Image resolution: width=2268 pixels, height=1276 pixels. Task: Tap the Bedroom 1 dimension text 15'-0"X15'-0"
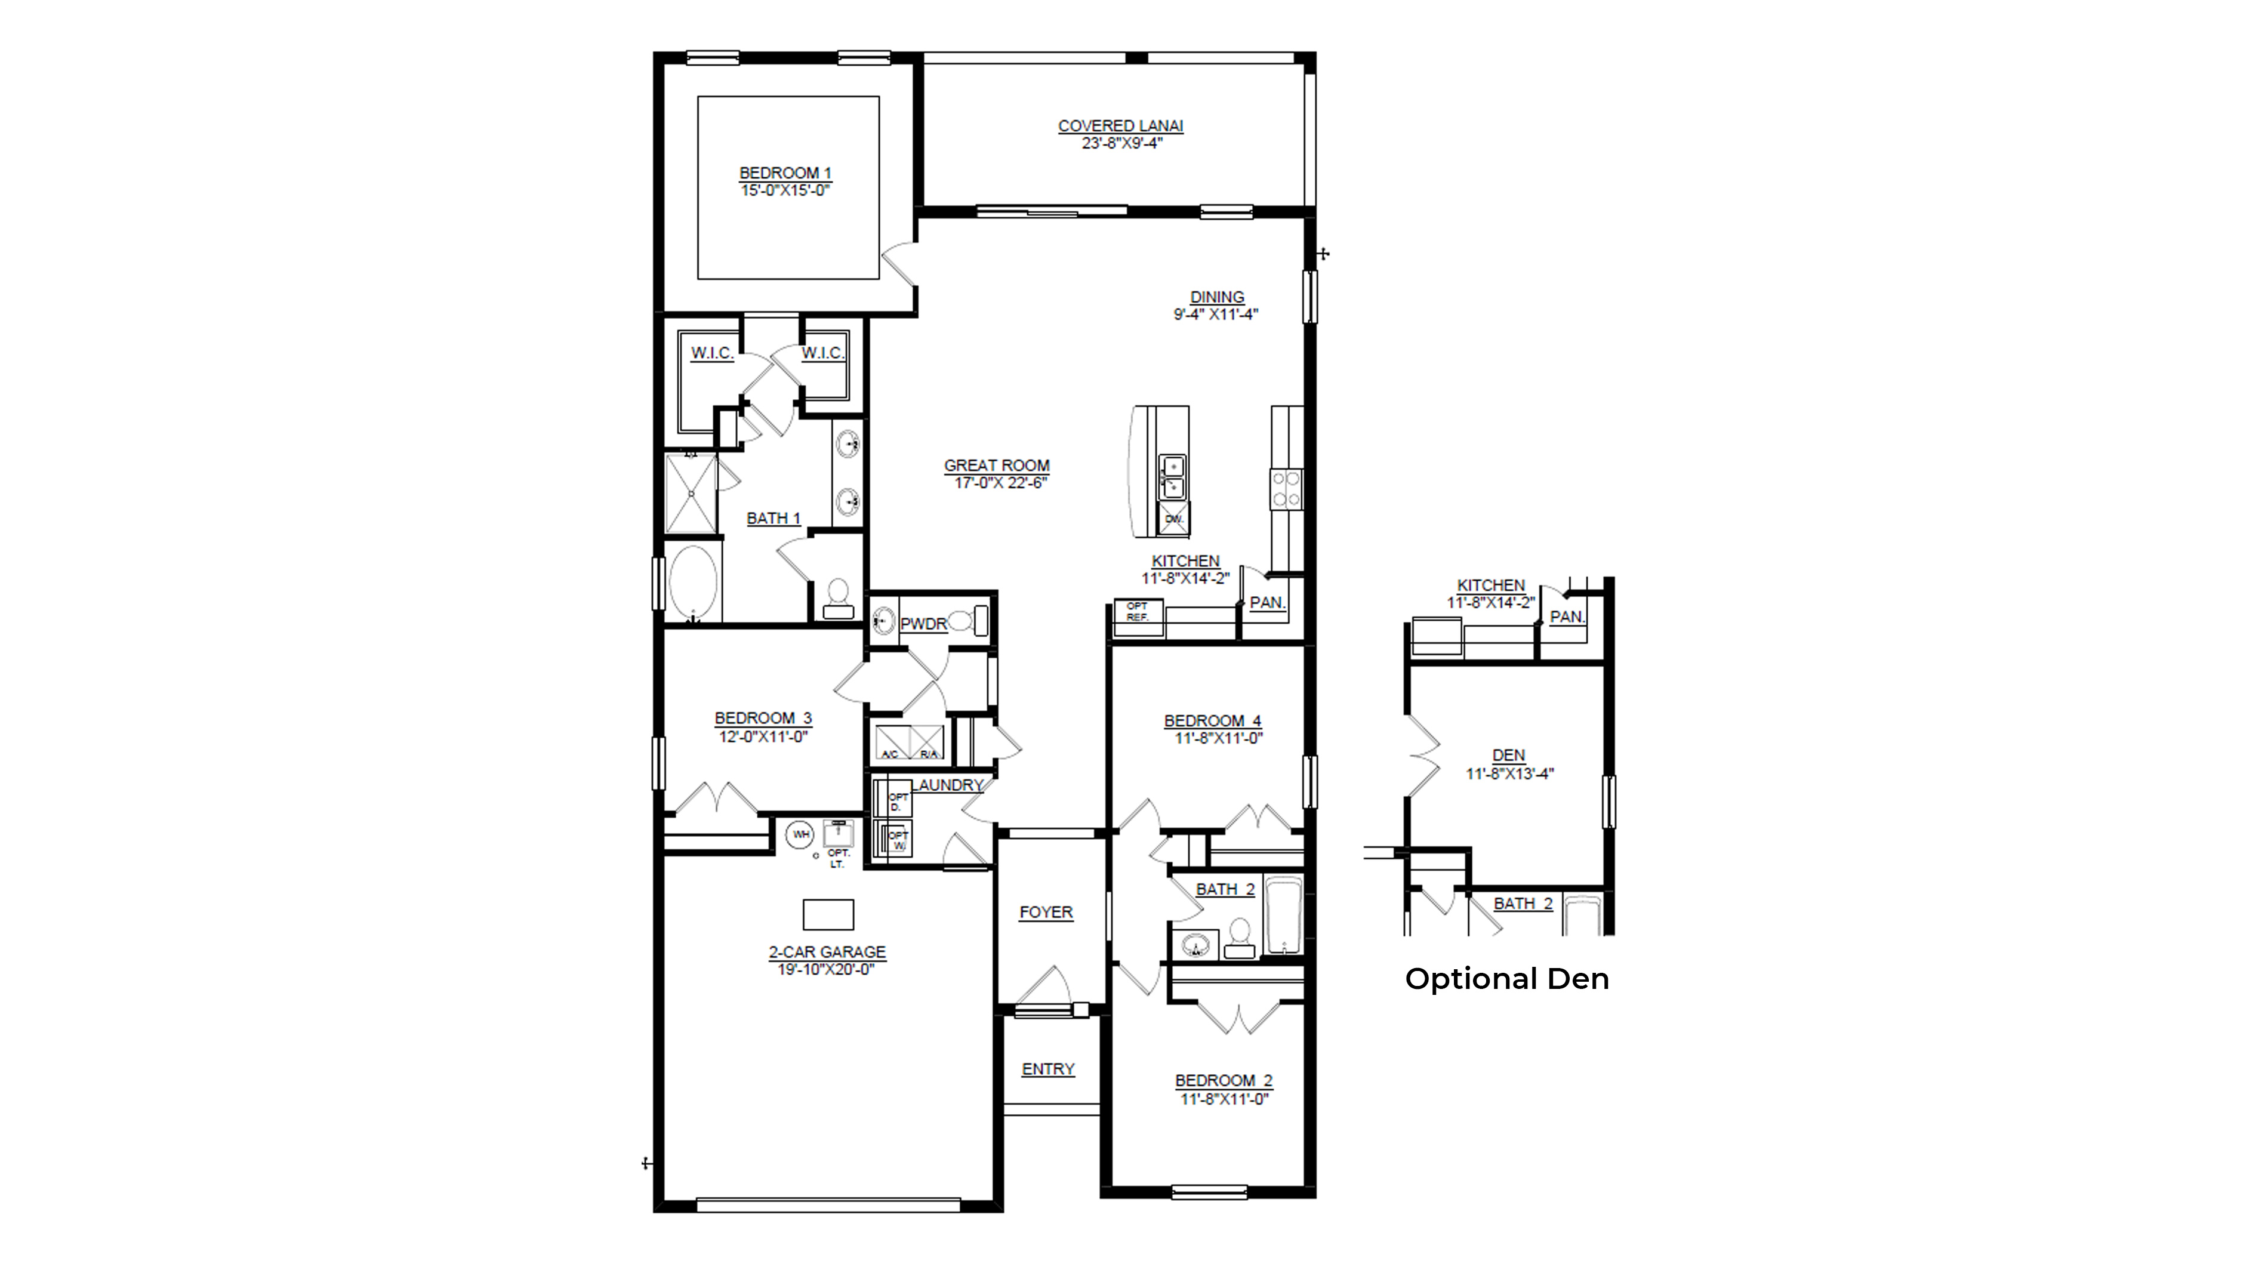(x=785, y=190)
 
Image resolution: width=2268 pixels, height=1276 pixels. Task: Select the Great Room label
(x=997, y=465)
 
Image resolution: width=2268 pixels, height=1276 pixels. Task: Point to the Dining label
(x=1217, y=297)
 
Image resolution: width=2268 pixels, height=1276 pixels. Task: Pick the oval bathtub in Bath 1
(x=693, y=582)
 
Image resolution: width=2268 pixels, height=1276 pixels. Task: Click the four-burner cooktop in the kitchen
(x=1286, y=489)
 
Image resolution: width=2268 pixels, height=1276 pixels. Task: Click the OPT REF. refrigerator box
(x=1138, y=611)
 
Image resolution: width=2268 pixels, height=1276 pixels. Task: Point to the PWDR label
(x=923, y=624)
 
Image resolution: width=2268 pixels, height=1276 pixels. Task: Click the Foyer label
(x=1046, y=913)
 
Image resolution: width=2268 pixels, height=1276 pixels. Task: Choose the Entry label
(x=1047, y=1069)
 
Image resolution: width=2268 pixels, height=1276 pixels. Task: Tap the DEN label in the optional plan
(x=1508, y=756)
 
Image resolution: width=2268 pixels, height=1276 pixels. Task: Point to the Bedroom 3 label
(x=762, y=719)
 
